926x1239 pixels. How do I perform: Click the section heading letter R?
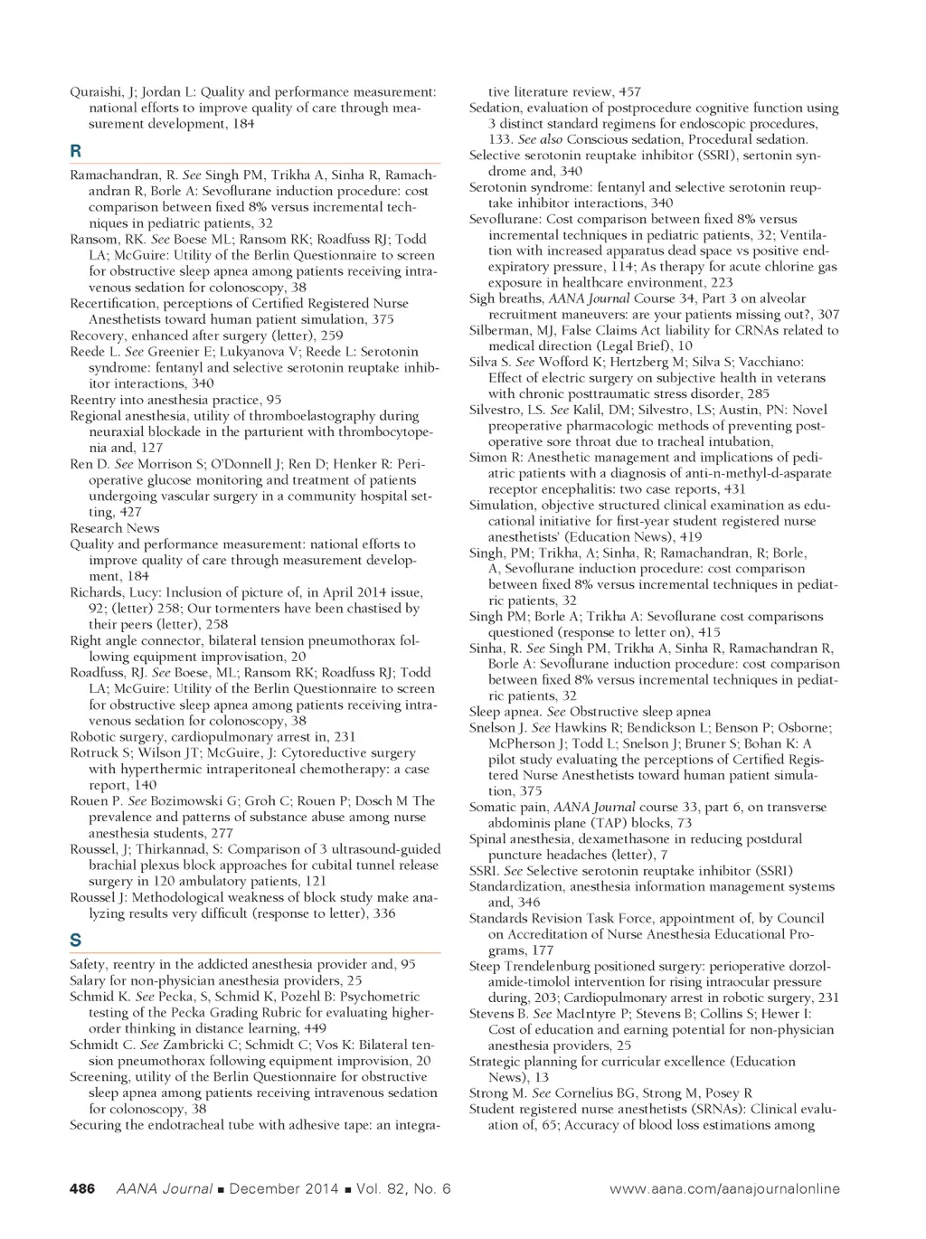point(76,151)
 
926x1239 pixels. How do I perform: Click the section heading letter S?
point(76,941)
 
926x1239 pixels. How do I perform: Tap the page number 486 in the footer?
point(82,1189)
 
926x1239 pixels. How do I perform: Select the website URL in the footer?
point(724,1189)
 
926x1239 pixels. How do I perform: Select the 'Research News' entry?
point(115,528)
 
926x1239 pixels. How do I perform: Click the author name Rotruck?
point(94,753)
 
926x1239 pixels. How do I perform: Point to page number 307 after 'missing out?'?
point(827,315)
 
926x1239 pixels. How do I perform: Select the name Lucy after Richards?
point(143,592)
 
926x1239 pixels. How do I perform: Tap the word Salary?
point(88,980)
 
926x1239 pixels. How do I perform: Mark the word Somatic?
point(495,808)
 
